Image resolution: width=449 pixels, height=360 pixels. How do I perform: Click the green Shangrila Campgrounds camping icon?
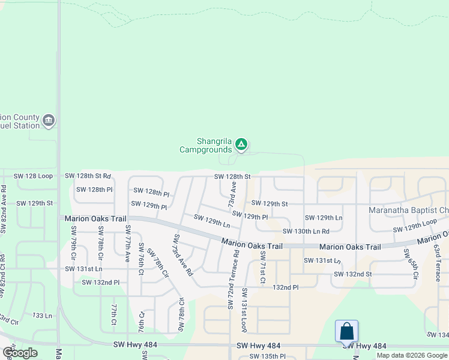(x=241, y=144)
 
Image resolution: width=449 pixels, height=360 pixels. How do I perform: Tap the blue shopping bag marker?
(x=346, y=331)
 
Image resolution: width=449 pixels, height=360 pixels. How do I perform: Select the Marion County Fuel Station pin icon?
(x=49, y=121)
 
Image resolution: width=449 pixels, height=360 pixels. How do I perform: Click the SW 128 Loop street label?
(x=34, y=176)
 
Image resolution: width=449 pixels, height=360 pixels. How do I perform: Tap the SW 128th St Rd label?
(x=88, y=176)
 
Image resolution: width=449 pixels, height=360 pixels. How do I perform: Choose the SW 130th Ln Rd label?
(x=306, y=231)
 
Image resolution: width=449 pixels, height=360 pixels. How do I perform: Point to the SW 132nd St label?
(x=353, y=274)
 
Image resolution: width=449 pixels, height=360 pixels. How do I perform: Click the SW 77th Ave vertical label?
(x=127, y=244)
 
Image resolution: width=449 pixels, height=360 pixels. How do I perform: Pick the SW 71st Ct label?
(x=262, y=268)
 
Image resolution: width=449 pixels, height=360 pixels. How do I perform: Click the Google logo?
(x=20, y=353)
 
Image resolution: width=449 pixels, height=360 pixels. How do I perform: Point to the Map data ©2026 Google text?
(x=412, y=355)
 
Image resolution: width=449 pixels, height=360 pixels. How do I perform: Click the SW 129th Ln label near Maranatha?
(x=324, y=218)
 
